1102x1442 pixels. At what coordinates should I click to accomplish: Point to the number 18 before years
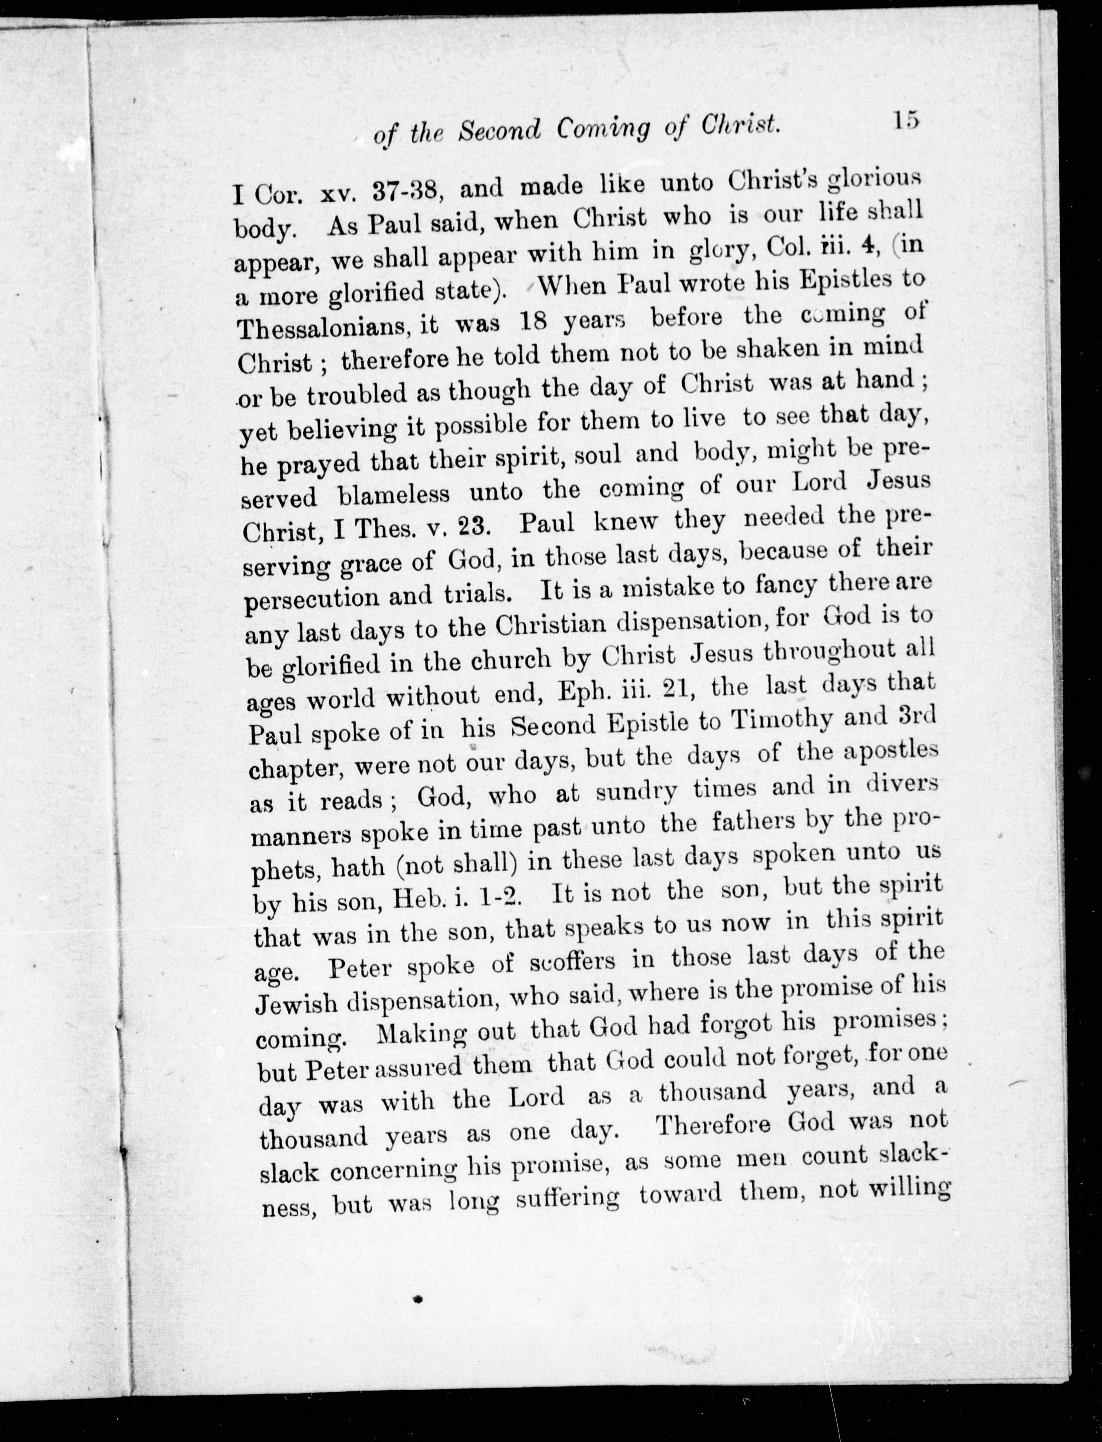coord(533,322)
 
